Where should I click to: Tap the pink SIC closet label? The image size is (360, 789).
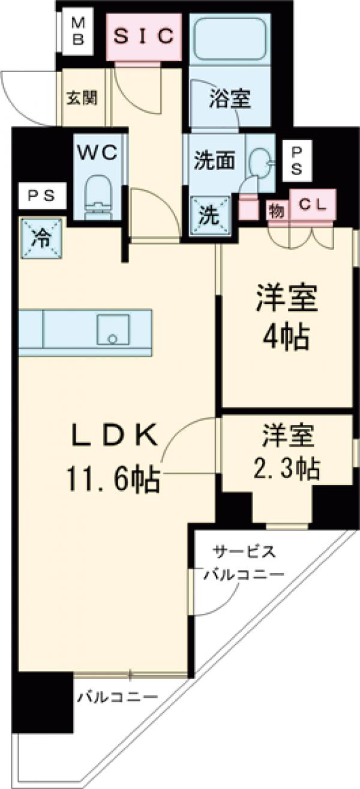click(x=145, y=36)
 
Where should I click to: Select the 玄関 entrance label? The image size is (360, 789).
click(x=81, y=98)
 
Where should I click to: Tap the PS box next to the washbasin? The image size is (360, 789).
click(x=297, y=160)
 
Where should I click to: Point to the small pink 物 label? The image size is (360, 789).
click(x=275, y=209)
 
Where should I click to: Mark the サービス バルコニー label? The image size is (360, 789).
click(x=242, y=563)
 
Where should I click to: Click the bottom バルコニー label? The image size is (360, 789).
click(x=117, y=697)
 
